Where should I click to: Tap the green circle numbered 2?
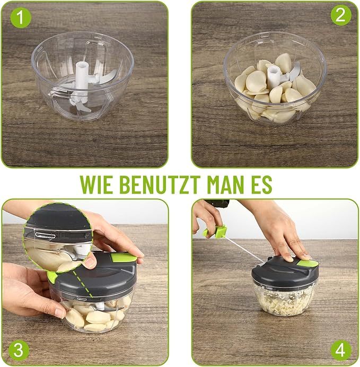coord(341,16)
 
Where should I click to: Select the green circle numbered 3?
coord(18,349)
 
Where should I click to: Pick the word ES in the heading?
coord(263,183)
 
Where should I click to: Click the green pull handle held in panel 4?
coord(215,232)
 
